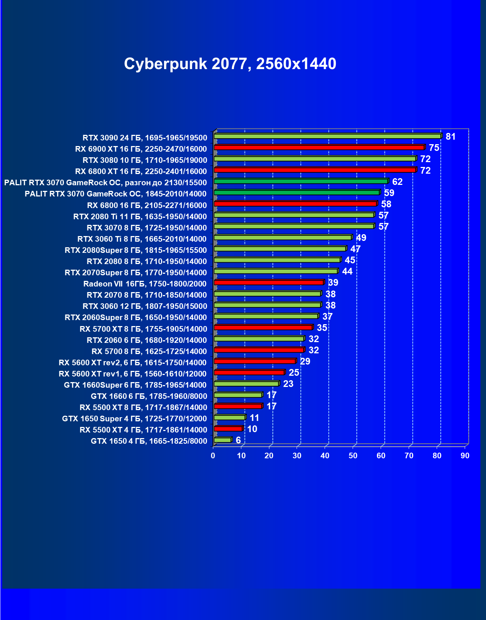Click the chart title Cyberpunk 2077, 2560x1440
point(230,64)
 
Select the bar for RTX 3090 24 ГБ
point(327,136)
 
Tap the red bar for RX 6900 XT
point(319,148)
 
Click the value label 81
point(451,137)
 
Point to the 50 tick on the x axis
point(353,456)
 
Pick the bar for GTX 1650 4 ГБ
point(223,440)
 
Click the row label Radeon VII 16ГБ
point(145,284)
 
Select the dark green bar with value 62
point(301,182)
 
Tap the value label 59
point(389,193)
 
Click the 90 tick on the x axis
point(465,456)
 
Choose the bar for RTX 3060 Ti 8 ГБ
point(283,238)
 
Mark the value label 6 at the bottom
point(238,440)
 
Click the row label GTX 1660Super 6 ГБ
point(135,385)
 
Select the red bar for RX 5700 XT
point(263,328)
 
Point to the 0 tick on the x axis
point(213,456)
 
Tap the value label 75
point(434,148)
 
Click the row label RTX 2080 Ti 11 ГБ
point(140,217)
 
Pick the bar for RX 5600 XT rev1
point(249,372)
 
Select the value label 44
point(347,272)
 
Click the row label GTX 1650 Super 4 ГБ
point(134,419)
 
